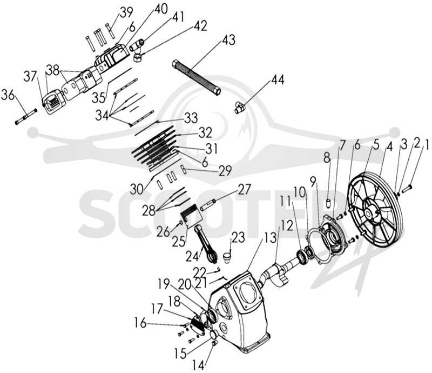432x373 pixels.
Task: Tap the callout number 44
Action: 278,80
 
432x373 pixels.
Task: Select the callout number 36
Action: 8,96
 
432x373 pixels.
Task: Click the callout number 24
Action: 192,256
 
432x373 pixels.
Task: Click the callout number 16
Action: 140,323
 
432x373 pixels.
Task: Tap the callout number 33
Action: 191,118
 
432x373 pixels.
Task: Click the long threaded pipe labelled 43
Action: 196,77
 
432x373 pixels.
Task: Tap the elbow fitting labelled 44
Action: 239,108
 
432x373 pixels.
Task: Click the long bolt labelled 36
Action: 26,117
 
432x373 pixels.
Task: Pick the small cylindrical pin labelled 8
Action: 328,203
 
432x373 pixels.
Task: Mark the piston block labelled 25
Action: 192,219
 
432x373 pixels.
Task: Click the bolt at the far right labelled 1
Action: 407,189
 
